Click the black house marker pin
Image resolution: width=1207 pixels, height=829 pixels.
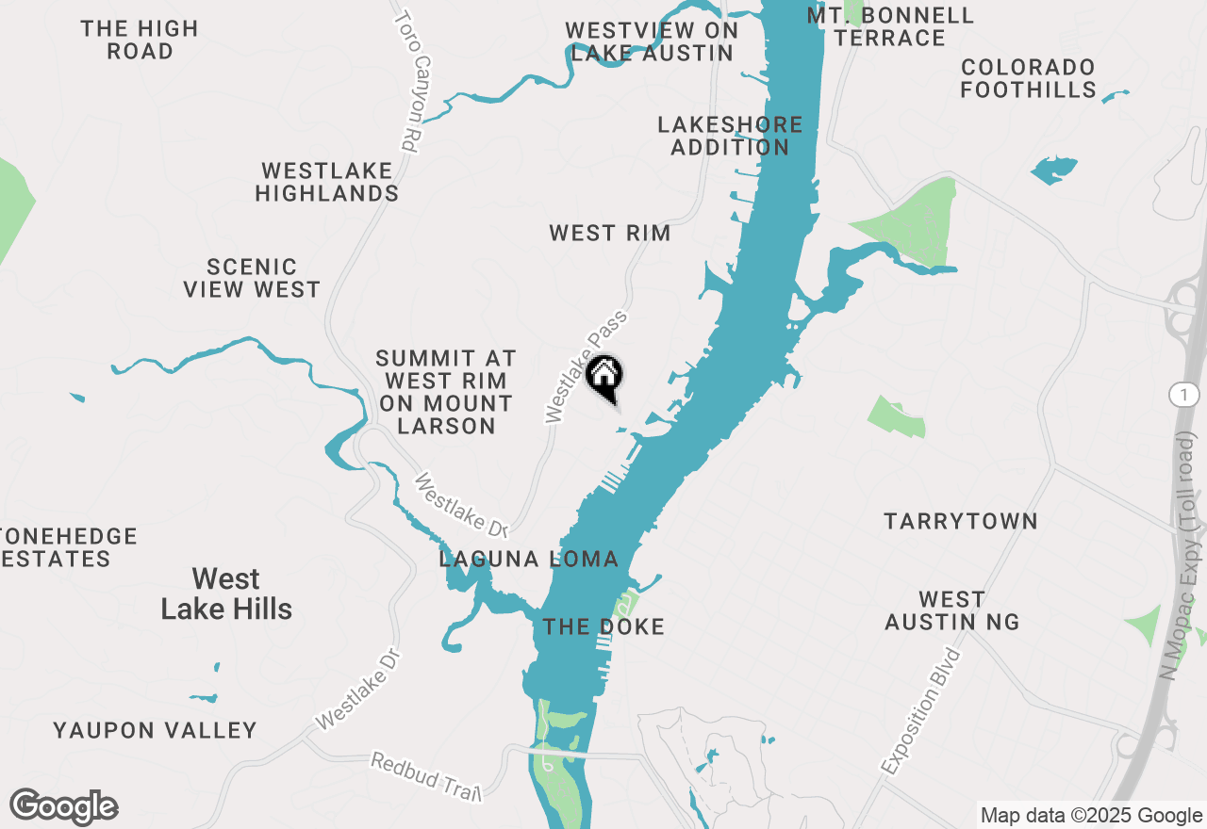point(604,378)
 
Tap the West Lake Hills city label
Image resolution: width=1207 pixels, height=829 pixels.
point(226,593)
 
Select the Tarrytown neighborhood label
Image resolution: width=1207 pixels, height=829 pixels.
point(960,521)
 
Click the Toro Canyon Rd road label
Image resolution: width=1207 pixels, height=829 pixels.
point(408,82)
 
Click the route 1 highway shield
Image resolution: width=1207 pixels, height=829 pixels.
point(1182,396)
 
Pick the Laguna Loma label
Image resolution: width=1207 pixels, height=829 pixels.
point(529,559)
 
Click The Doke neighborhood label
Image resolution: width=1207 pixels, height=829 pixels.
point(603,626)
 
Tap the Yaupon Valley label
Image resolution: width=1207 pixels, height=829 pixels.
point(155,730)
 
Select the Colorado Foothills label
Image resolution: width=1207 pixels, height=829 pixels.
point(1028,79)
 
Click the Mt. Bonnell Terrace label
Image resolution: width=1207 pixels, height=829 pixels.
point(890,26)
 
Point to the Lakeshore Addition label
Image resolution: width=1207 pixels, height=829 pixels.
point(730,136)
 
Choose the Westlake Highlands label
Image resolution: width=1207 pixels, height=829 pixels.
point(326,182)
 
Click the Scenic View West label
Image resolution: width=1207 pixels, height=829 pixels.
point(252,278)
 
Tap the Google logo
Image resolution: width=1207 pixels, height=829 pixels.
point(63,807)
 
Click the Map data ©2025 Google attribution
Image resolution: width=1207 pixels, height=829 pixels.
point(1090,816)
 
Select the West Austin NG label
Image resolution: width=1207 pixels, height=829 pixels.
point(951,610)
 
